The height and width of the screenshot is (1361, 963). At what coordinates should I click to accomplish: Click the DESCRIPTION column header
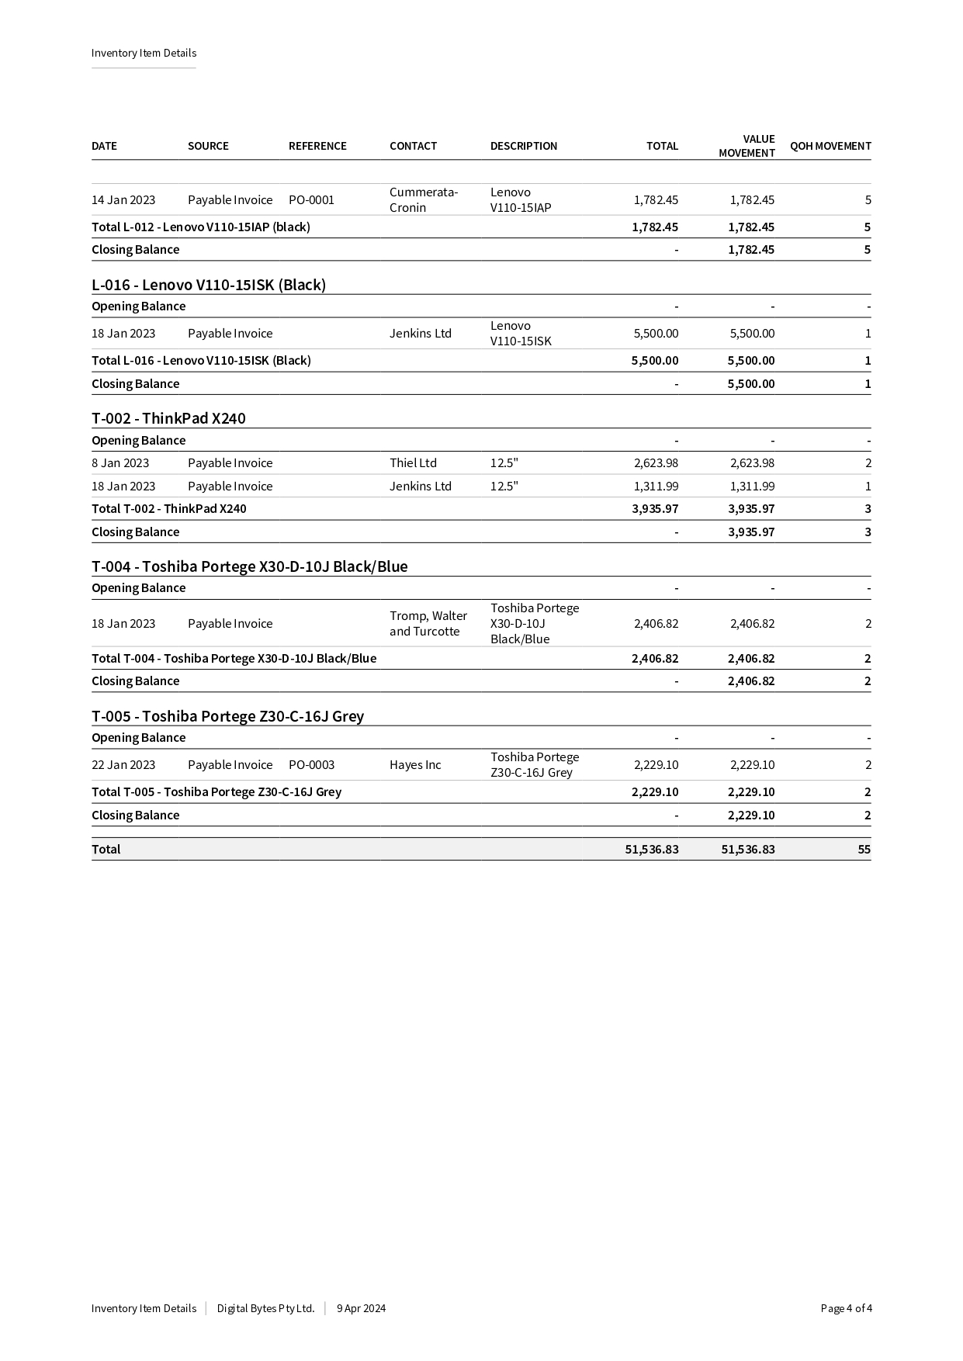pyautogui.click(x=523, y=146)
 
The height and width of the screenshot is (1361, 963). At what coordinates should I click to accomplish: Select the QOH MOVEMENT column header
pyautogui.click(x=830, y=146)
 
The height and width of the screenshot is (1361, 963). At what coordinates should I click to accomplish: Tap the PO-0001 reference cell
pyautogui.click(x=311, y=200)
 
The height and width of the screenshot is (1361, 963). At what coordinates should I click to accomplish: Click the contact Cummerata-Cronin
pyautogui.click(x=423, y=200)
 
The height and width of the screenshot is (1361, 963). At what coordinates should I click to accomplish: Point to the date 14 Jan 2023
pyautogui.click(x=123, y=200)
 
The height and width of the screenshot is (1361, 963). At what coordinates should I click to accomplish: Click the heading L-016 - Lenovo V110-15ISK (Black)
pyautogui.click(x=209, y=285)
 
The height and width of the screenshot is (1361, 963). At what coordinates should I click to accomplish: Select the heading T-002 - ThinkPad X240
pyautogui.click(x=168, y=418)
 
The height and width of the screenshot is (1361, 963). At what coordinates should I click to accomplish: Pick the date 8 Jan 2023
pyautogui.click(x=120, y=463)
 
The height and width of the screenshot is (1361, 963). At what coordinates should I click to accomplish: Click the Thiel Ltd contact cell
pyautogui.click(x=413, y=463)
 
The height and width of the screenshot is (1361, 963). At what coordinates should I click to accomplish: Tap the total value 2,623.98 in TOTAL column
pyautogui.click(x=656, y=463)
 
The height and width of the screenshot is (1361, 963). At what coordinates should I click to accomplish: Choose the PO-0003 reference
pyautogui.click(x=311, y=765)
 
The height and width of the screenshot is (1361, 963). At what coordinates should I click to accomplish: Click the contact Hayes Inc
pyautogui.click(x=415, y=765)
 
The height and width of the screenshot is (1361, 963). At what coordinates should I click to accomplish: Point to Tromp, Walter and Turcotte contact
pyautogui.click(x=428, y=624)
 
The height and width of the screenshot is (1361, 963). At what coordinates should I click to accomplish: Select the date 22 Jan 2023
pyautogui.click(x=123, y=765)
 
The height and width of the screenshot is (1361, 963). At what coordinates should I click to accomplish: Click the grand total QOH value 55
pyautogui.click(x=864, y=850)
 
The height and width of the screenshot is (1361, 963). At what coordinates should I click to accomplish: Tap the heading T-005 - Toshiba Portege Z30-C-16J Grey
pyautogui.click(x=227, y=716)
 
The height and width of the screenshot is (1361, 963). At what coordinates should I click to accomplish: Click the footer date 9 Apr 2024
pyautogui.click(x=361, y=1308)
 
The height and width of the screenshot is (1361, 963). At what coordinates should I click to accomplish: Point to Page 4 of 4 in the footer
pyautogui.click(x=846, y=1308)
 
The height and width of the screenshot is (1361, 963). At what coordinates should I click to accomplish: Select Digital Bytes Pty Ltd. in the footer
pyautogui.click(x=265, y=1308)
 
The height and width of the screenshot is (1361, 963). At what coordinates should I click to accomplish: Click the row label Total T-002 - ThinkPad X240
pyautogui.click(x=168, y=509)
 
